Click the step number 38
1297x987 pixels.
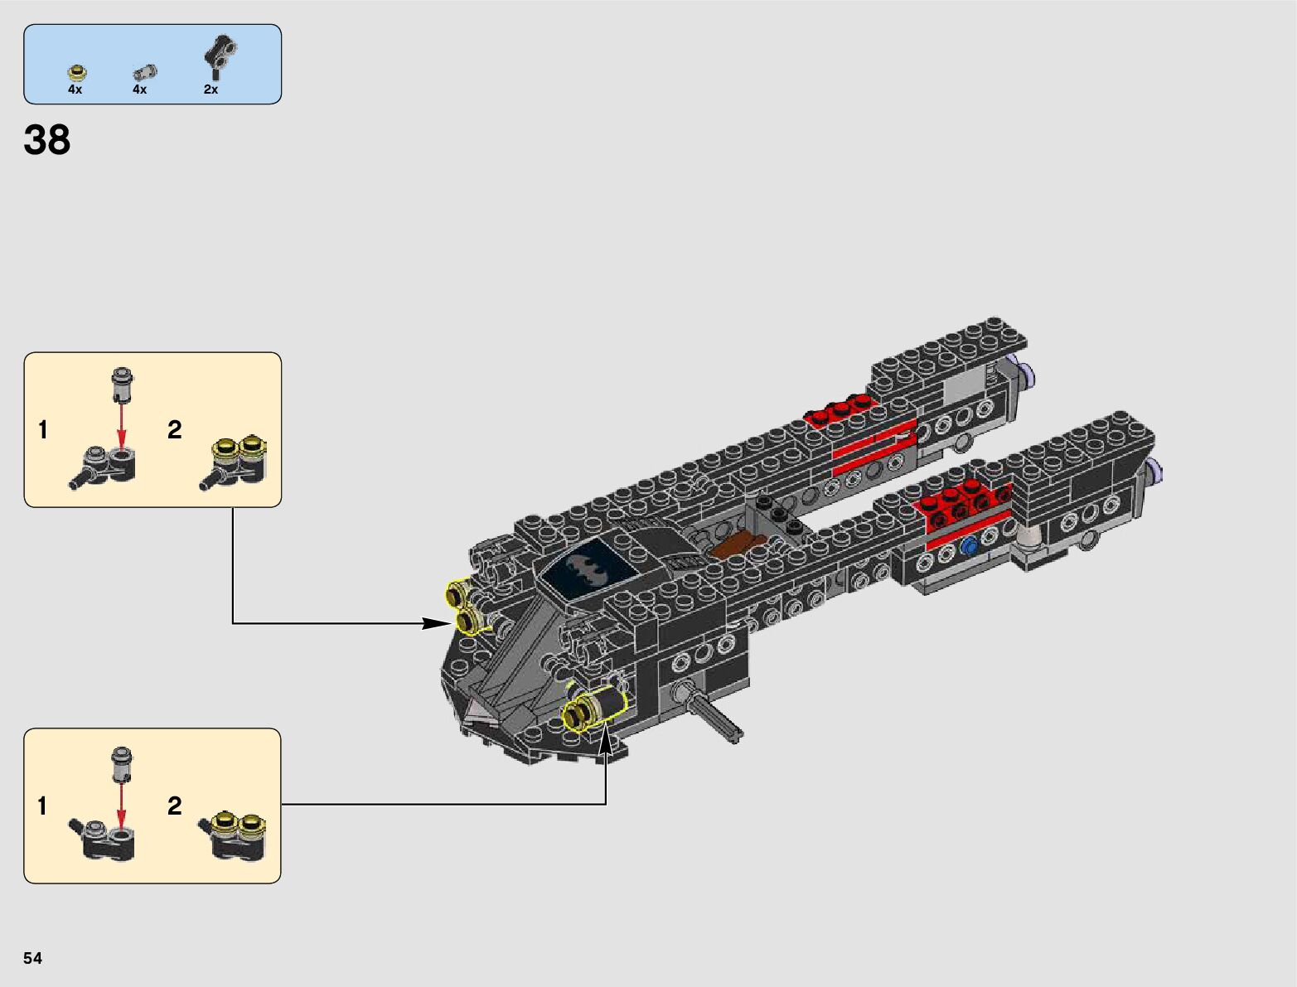pos(47,141)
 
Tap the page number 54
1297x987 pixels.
pos(32,958)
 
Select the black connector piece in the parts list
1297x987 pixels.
pos(220,56)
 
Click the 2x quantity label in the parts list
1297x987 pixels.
pos(211,90)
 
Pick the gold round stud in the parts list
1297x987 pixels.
pos(76,72)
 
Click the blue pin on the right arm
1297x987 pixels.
pos(968,546)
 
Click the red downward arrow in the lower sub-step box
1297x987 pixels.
pos(122,804)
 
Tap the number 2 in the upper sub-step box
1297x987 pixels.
pos(174,429)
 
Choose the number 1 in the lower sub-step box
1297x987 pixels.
pos(42,806)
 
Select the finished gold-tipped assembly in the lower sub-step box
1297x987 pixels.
pos(235,835)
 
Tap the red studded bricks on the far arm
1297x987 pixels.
pos(839,409)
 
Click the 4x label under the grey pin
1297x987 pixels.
pos(139,90)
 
